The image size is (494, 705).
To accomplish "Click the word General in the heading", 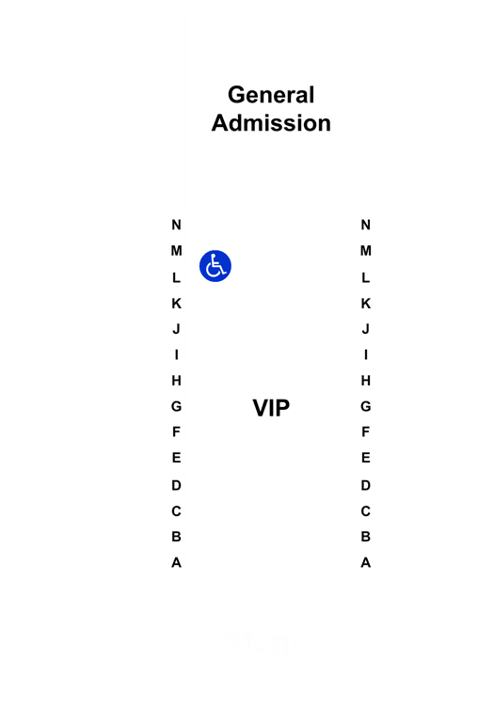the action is tap(271, 95).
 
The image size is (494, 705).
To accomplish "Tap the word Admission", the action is tap(271, 123).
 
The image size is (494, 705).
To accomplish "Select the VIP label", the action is tap(271, 408).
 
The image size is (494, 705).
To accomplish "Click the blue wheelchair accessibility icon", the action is tap(215, 266).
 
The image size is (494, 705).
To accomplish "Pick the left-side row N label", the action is tap(176, 225).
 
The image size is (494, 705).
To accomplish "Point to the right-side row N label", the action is tap(366, 225).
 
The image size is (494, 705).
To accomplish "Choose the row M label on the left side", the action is tap(176, 250).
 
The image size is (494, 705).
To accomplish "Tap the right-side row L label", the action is tap(366, 277).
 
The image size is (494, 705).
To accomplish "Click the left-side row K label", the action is tap(176, 304).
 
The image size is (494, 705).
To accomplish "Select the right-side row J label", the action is tap(366, 329).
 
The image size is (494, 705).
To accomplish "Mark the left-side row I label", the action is tap(176, 354).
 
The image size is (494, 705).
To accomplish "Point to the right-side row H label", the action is tap(366, 381).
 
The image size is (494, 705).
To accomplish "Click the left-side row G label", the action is tap(176, 406).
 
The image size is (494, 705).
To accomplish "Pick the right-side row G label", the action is tap(366, 406).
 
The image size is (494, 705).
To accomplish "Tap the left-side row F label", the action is tap(176, 431).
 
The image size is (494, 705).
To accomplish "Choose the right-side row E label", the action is tap(366, 458).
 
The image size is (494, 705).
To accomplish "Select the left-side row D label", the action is tap(176, 486).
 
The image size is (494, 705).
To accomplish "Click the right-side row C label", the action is tap(366, 511).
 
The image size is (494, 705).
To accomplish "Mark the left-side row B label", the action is tap(176, 537).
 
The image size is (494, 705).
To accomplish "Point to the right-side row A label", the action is tap(366, 562).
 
